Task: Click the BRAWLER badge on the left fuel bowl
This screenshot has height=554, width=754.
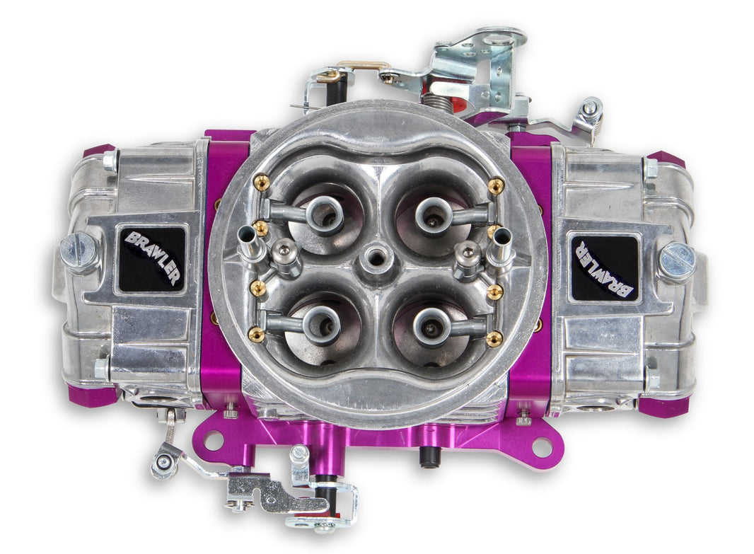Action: coord(151,259)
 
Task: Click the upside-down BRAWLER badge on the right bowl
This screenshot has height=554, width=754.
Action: coord(603,267)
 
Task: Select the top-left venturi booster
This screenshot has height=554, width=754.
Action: coord(325,214)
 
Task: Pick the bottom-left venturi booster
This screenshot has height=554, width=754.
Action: coord(322,324)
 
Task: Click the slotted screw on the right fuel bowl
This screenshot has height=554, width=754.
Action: coord(677,261)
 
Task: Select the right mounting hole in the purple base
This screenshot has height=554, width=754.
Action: coord(541,446)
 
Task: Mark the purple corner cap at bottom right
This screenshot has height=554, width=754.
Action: coord(663,405)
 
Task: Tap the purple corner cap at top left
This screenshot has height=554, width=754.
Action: coord(98,151)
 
